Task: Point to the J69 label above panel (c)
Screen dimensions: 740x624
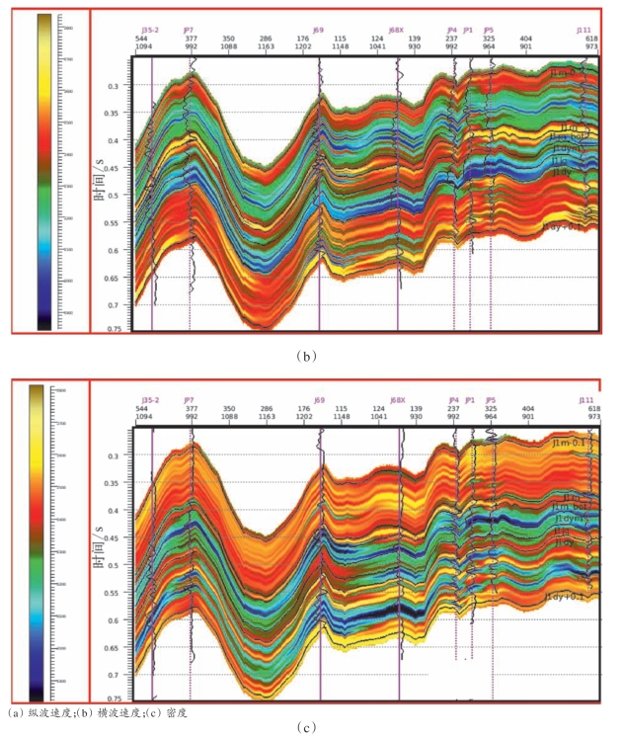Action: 319,400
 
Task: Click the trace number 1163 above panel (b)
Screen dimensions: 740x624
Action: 266,46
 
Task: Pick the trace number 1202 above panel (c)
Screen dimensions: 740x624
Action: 303,417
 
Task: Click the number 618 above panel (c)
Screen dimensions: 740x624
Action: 594,408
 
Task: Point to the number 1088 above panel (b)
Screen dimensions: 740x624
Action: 229,46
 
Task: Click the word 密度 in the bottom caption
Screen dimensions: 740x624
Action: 177,712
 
